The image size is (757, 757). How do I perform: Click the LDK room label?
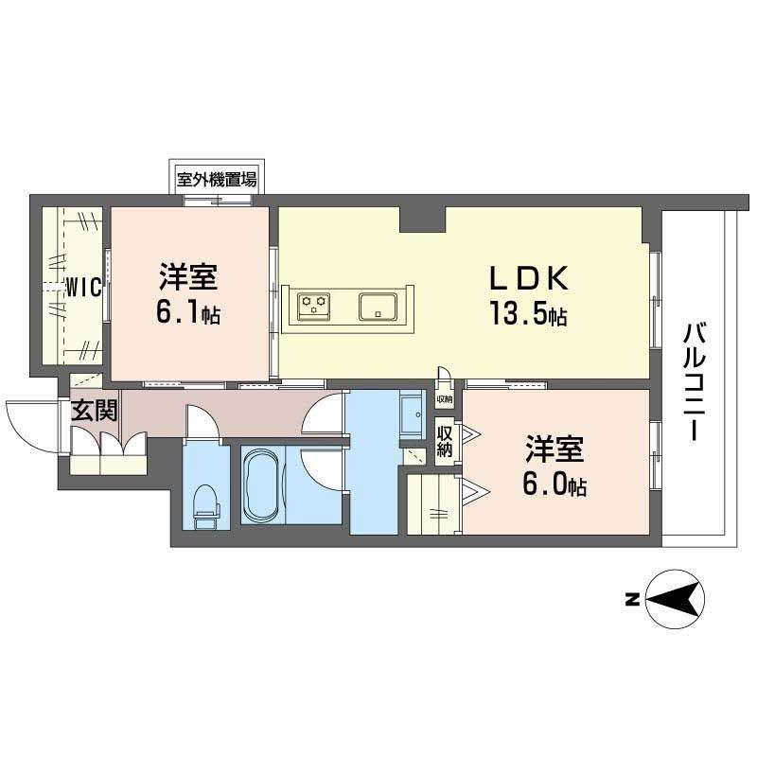(x=527, y=278)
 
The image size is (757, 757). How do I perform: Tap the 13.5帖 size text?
(x=527, y=313)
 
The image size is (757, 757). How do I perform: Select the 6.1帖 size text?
(x=188, y=313)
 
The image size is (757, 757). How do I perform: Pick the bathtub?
(x=262, y=484)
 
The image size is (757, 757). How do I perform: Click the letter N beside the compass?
(x=630, y=598)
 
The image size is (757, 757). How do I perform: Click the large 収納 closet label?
(x=444, y=441)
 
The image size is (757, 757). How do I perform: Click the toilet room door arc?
(x=202, y=422)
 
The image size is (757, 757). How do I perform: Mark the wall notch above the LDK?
(x=422, y=220)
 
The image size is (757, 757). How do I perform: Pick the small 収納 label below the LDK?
(x=444, y=400)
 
